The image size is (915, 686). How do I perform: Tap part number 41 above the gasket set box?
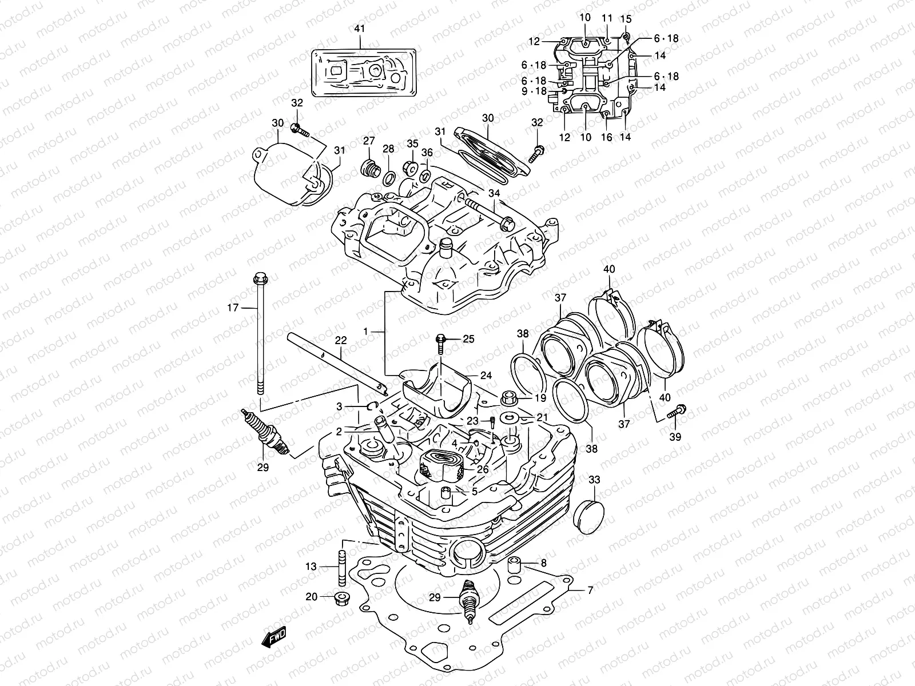pyautogui.click(x=360, y=29)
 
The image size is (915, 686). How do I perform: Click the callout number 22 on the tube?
pyautogui.click(x=340, y=341)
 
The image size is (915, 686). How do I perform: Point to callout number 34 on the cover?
pyautogui.click(x=494, y=194)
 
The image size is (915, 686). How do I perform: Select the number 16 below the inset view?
pyautogui.click(x=607, y=138)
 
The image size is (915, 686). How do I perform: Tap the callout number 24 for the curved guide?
pyautogui.click(x=486, y=376)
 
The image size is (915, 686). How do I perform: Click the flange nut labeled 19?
pyautogui.click(x=508, y=396)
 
